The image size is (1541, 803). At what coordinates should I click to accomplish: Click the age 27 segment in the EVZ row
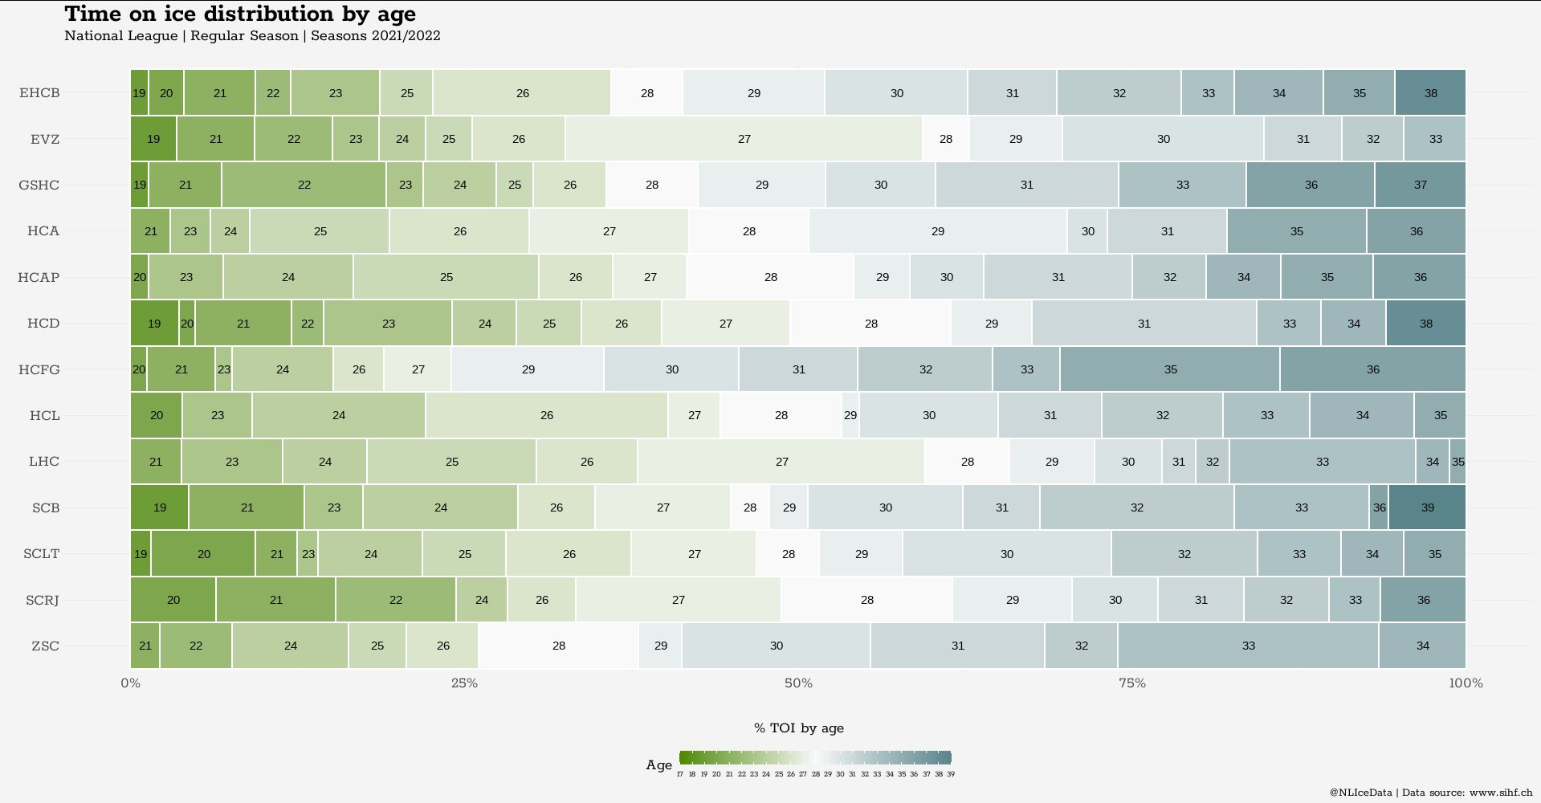(x=744, y=139)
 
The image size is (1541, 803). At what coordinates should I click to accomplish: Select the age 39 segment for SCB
(x=1427, y=507)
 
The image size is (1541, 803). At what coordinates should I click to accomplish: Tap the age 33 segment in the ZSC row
(x=1248, y=646)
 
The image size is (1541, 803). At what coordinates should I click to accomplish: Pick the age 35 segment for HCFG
(x=1170, y=369)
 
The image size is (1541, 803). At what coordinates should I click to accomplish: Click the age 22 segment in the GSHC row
(x=304, y=185)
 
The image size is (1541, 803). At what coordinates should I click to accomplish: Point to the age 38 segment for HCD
(x=1425, y=324)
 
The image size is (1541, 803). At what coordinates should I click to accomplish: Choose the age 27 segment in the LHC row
(x=781, y=462)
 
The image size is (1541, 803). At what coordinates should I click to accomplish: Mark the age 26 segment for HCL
(x=546, y=415)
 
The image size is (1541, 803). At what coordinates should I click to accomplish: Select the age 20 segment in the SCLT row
(x=203, y=554)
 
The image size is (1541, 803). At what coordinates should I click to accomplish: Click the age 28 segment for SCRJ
(x=866, y=600)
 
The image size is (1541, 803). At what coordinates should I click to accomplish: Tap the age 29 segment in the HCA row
(x=937, y=231)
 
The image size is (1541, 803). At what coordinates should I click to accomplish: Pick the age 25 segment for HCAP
(x=446, y=277)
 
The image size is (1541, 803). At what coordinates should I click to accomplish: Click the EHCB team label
(x=39, y=92)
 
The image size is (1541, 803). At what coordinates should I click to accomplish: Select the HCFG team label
(x=39, y=369)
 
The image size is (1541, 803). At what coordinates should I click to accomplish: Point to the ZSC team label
(x=45, y=646)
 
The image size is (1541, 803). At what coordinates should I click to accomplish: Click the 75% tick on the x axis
(x=1131, y=683)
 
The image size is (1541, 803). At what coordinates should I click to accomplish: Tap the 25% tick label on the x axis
(x=464, y=683)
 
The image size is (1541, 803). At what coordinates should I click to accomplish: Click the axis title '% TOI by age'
(x=798, y=728)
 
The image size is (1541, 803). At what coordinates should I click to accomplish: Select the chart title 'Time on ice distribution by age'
(x=240, y=14)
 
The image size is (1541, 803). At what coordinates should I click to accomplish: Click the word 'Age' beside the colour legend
(x=658, y=765)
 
